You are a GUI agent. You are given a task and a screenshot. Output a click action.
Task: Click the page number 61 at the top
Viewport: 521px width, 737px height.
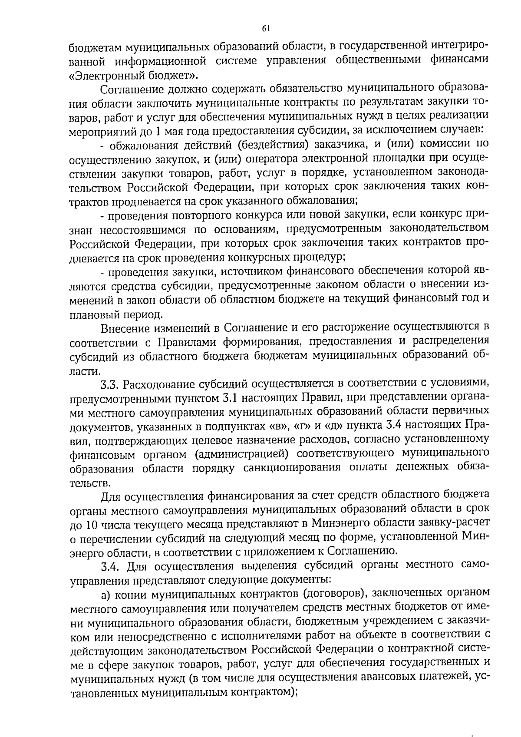click(266, 29)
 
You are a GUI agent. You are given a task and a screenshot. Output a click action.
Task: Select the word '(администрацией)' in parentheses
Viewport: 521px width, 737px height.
click(241, 454)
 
